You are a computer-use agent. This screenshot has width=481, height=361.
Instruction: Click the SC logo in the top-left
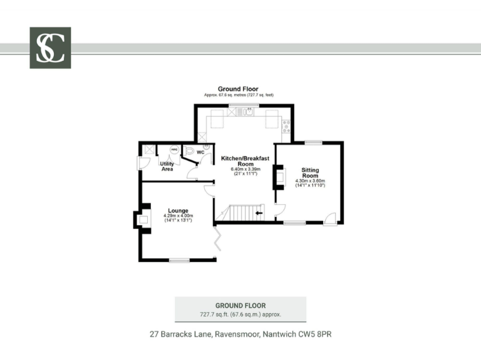(x=50, y=48)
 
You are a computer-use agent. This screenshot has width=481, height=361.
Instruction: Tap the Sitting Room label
(x=310, y=172)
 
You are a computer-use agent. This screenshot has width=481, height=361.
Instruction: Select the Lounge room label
(x=178, y=211)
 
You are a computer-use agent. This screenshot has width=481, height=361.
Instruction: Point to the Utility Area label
(x=167, y=166)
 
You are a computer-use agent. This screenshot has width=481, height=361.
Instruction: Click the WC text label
(x=200, y=152)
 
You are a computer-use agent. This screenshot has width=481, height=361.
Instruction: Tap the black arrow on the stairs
(x=259, y=213)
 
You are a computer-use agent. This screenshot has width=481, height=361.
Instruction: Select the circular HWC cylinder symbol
(x=174, y=150)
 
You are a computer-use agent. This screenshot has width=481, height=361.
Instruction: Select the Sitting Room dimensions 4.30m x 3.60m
(x=310, y=183)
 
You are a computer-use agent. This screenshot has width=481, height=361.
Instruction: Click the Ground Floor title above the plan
(x=238, y=89)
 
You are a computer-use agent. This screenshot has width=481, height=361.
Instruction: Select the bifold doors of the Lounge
(x=217, y=241)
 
